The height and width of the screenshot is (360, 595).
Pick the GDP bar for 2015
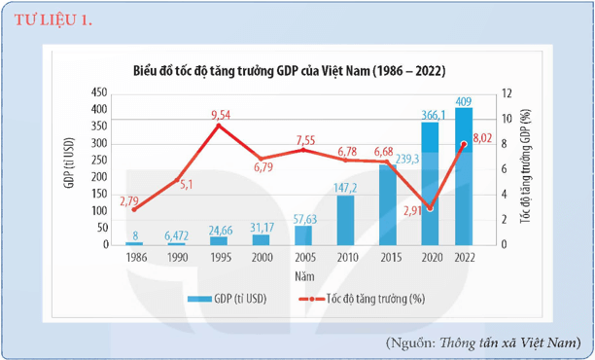388,204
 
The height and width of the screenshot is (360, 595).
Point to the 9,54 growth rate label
220,115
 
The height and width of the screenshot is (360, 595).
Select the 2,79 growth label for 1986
131,201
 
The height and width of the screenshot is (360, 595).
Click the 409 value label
465,100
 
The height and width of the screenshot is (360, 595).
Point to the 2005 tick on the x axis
303,258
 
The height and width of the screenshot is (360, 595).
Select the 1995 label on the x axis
220,258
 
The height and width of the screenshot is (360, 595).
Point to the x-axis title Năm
303,275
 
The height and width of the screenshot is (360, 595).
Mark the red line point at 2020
429,207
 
